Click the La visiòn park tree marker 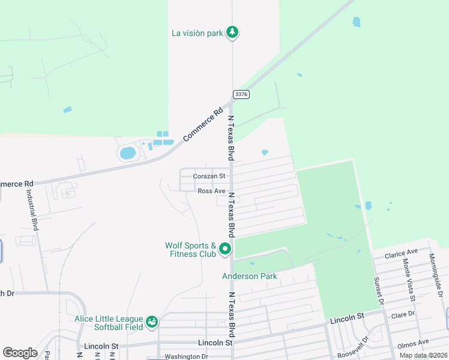(x=233, y=32)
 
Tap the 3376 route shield (x=241, y=94)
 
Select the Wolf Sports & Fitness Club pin (x=225, y=248)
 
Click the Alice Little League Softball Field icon (x=152, y=322)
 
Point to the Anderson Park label (x=250, y=276)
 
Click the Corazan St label (x=209, y=176)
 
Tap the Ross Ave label (x=211, y=191)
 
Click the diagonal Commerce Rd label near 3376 (x=203, y=124)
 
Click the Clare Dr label (x=403, y=314)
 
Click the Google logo (x=20, y=353)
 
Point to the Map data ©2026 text (x=423, y=355)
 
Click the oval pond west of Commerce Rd (x=128, y=153)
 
